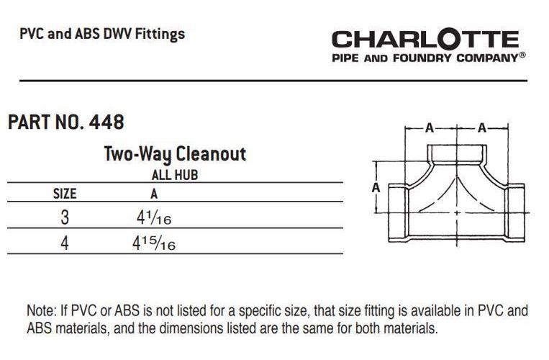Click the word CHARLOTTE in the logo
click(x=425, y=39)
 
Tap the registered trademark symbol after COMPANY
click(x=522, y=55)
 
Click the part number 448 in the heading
click(x=106, y=122)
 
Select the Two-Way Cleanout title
click(x=175, y=154)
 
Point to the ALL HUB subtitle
click(x=175, y=175)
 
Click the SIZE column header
click(x=65, y=194)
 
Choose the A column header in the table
click(x=154, y=194)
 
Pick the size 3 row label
click(x=65, y=217)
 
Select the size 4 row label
click(x=65, y=243)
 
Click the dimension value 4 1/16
click(x=154, y=218)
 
